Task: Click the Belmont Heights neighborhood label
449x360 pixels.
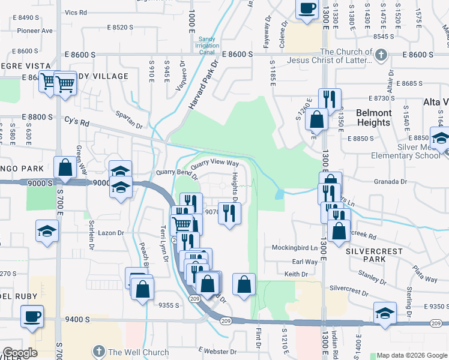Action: click(x=373, y=118)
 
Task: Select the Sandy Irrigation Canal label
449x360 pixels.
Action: click(x=206, y=44)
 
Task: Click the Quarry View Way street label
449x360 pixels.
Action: click(x=215, y=164)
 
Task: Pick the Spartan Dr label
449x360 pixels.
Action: click(x=130, y=127)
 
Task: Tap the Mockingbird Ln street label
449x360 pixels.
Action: click(x=294, y=247)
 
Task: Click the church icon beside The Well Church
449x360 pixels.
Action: click(x=98, y=352)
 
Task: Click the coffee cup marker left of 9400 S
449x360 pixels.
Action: click(x=32, y=316)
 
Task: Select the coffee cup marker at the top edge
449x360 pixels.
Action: click(x=307, y=8)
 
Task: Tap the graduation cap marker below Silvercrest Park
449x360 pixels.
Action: click(x=385, y=313)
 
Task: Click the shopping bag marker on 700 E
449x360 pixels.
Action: click(x=65, y=168)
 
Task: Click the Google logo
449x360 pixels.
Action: click(x=20, y=353)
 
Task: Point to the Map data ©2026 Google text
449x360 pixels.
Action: click(x=411, y=355)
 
